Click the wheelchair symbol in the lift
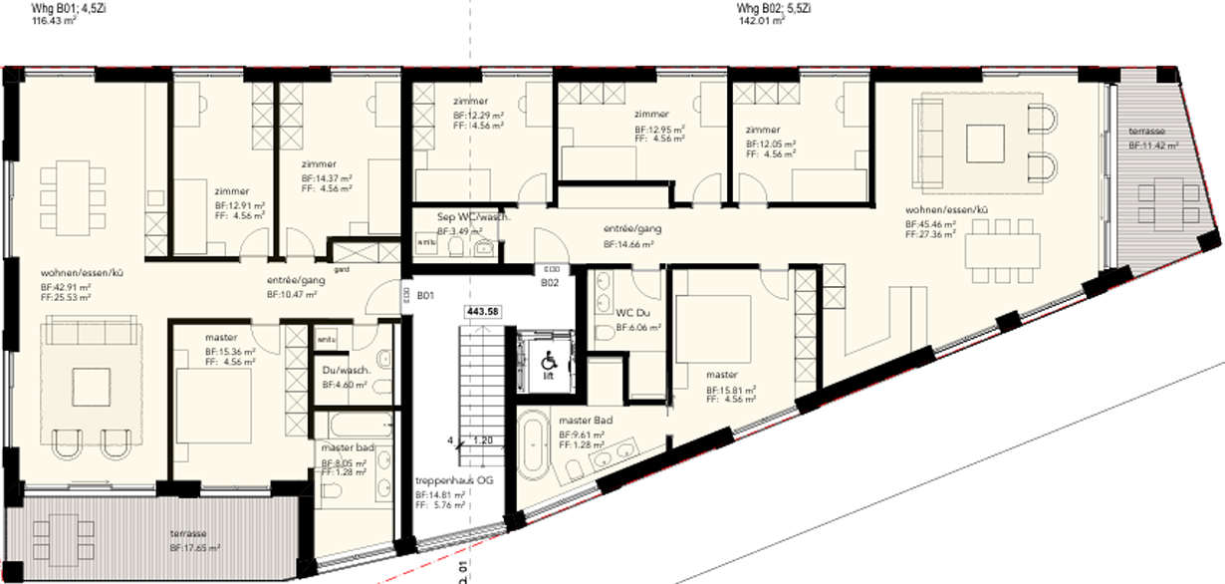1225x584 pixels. click(x=547, y=357)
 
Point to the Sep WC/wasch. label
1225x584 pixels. click(x=474, y=217)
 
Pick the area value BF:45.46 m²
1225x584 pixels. click(x=931, y=225)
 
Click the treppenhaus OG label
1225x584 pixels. click(x=454, y=479)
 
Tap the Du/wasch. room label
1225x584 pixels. click(x=347, y=371)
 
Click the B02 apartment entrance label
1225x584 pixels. click(x=549, y=282)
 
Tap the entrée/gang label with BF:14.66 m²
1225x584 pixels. click(x=630, y=228)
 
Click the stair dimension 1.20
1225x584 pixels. click(x=483, y=438)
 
